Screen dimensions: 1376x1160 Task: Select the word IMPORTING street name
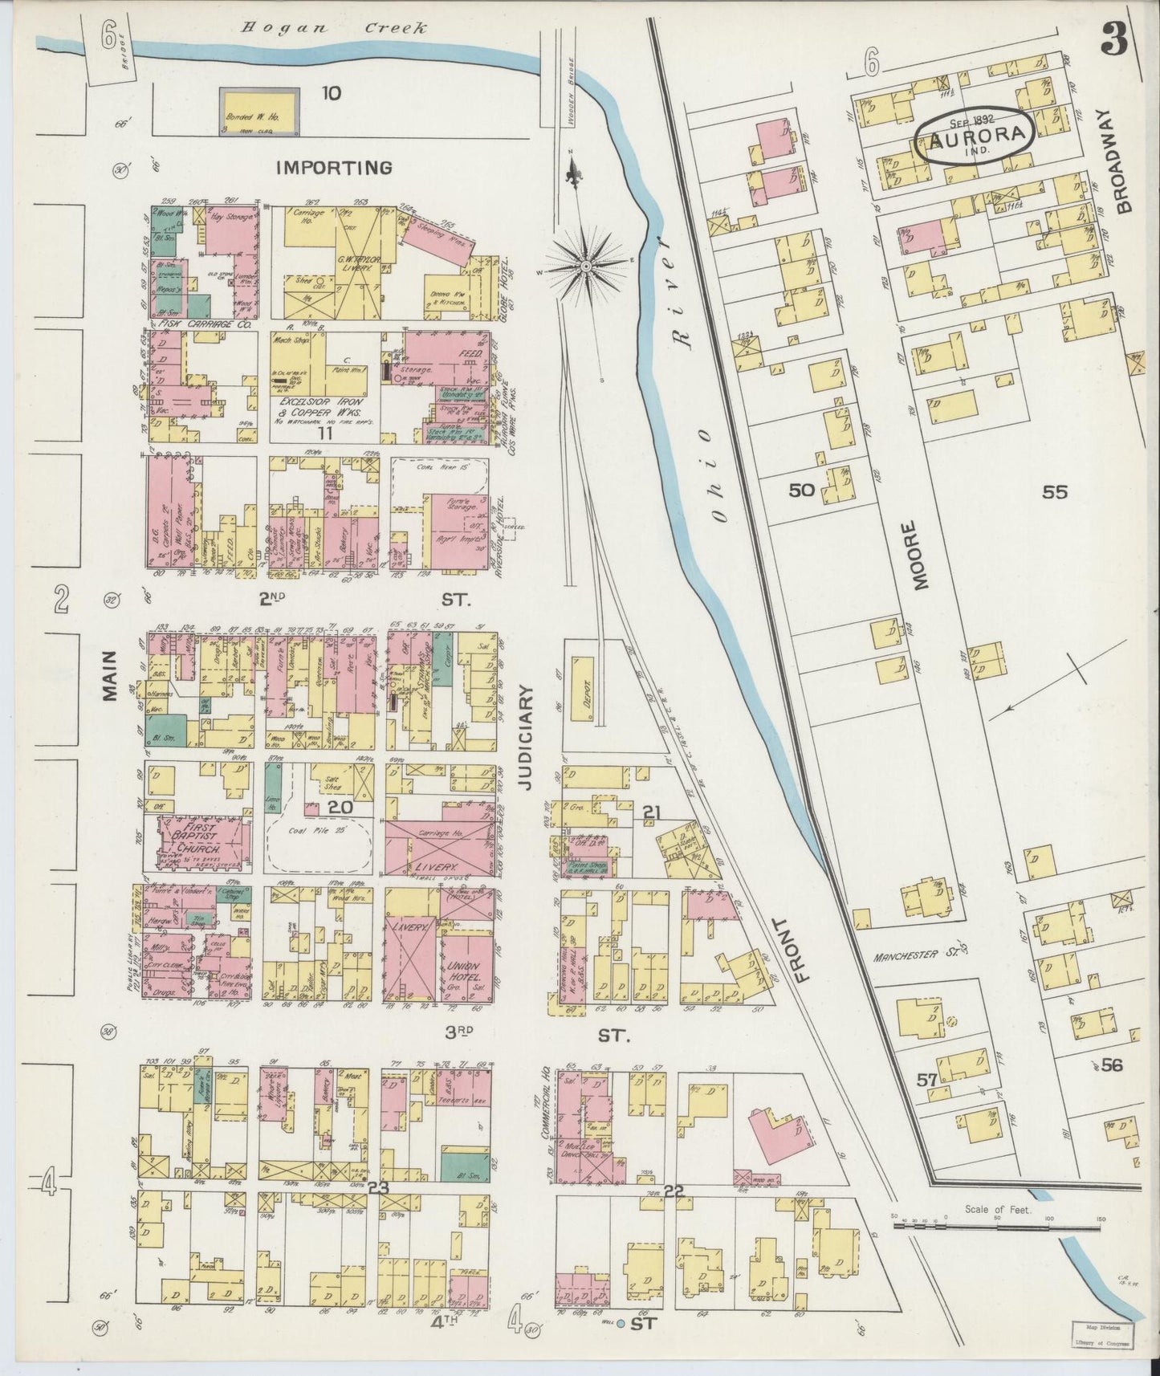[334, 168]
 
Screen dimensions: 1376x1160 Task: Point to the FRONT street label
[804, 950]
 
